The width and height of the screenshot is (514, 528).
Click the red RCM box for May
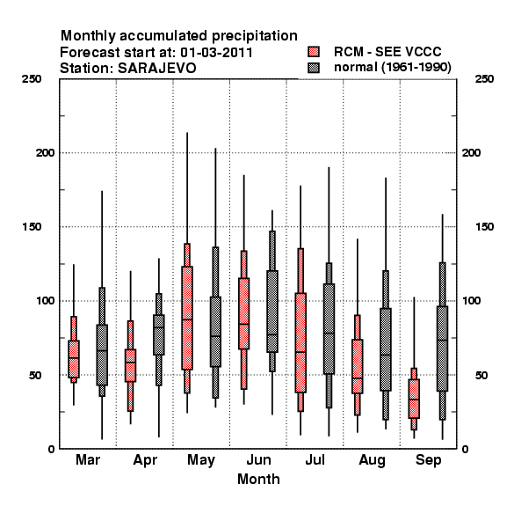[x=187, y=318]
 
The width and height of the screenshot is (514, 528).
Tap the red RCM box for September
[x=414, y=399]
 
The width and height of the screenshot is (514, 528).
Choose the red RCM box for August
[x=358, y=366]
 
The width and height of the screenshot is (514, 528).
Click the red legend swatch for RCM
[x=314, y=52]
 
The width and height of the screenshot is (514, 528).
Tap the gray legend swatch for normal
[x=314, y=68]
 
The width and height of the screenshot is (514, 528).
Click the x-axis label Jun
[x=258, y=460]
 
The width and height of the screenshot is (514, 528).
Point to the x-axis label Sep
[x=428, y=460]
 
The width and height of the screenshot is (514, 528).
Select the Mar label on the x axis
[x=88, y=460]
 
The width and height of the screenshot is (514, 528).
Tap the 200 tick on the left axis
[x=45, y=153]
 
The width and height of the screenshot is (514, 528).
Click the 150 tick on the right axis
[x=485, y=227]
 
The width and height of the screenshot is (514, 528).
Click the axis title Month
[x=258, y=480]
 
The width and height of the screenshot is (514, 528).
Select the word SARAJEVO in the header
[x=157, y=69]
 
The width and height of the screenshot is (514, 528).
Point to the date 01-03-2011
[x=216, y=52]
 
